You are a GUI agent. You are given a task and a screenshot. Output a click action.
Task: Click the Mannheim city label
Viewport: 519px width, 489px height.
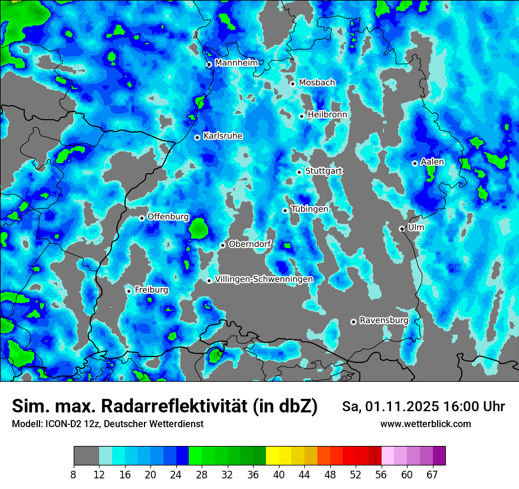236,62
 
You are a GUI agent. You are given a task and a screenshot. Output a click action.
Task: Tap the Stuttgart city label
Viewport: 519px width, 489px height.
323,171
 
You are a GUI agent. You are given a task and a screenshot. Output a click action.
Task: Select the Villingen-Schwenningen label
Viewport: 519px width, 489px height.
264,279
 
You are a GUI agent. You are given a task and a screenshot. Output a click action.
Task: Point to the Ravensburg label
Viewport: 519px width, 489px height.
383,320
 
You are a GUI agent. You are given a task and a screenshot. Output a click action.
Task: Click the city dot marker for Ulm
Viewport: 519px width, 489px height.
402,229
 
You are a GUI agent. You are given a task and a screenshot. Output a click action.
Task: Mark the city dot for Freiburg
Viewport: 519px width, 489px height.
129,291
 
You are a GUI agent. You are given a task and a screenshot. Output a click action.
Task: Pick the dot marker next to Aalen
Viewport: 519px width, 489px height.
415,163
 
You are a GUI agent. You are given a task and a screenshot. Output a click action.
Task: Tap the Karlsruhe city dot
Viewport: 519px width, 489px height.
197,137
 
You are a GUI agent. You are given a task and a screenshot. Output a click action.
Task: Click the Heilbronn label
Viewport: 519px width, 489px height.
327,114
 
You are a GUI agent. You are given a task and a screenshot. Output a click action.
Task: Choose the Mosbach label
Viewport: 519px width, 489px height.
316,82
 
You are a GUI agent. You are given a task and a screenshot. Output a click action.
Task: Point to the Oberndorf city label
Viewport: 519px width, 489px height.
249,244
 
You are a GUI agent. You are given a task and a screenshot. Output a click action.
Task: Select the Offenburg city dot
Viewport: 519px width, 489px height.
142,218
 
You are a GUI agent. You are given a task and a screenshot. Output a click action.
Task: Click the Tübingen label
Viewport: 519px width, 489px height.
309,209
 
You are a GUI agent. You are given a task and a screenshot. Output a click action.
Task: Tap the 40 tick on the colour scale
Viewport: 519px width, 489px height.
279,474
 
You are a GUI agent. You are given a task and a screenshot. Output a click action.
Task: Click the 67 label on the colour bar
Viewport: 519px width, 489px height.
433,474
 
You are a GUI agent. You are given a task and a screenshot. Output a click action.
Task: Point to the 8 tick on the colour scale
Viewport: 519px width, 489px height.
74,474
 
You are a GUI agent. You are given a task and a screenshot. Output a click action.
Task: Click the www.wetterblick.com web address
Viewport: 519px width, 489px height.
425,424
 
